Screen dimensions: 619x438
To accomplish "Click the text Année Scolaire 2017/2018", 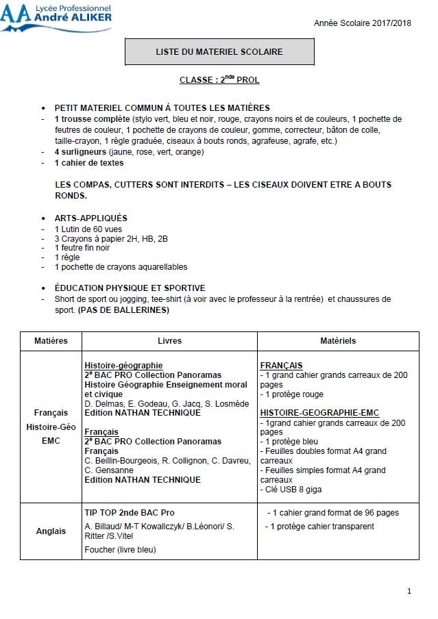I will (363, 23).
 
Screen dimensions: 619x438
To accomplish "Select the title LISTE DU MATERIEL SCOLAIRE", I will (219, 51).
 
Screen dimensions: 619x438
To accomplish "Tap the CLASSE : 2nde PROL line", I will (219, 80).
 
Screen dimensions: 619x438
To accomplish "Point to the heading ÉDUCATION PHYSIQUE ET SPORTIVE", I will (130, 288).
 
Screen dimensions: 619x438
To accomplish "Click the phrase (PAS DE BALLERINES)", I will (123, 310).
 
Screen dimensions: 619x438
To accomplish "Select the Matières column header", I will (51, 341).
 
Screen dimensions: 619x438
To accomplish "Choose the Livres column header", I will (169, 341).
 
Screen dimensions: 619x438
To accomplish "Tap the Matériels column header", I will (338, 341).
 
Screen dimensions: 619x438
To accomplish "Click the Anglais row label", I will (51, 531).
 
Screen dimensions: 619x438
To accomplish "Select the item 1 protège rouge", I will (292, 394).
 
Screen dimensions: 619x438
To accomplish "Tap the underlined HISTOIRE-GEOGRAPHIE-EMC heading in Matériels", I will (319, 413).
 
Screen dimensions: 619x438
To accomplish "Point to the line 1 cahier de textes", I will (89, 163).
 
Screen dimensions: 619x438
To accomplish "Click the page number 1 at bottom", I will (409, 591).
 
